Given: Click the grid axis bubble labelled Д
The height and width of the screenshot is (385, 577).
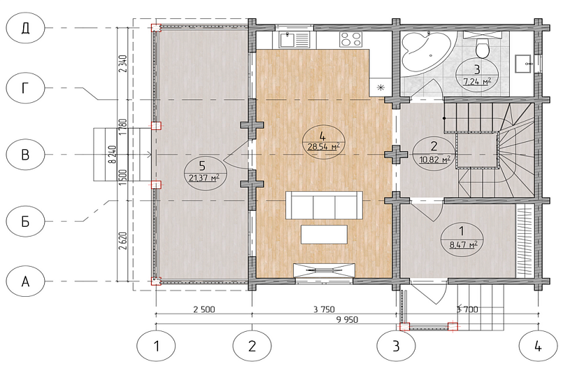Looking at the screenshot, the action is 25,28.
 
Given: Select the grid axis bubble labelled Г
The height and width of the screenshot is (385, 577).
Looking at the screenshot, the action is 25,88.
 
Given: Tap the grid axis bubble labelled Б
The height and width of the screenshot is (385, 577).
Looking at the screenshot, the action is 25,221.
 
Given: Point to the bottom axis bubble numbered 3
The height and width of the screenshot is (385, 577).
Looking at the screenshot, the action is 396,346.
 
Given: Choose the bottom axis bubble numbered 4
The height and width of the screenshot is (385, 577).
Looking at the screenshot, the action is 538,346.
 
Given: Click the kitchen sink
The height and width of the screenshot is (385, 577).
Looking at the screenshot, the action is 294,40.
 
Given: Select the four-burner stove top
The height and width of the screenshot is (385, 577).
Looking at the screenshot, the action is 351,39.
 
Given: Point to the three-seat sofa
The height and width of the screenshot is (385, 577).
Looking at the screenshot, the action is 325,205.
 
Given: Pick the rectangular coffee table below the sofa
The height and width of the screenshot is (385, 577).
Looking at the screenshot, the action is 325,234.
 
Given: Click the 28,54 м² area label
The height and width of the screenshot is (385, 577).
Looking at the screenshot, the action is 323,147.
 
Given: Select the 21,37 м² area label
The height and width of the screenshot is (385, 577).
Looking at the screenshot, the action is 204,178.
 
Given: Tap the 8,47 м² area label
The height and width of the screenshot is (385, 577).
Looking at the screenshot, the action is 464,244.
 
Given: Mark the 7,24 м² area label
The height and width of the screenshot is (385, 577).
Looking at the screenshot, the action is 477,81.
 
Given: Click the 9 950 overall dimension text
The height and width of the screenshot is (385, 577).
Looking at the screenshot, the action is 347,319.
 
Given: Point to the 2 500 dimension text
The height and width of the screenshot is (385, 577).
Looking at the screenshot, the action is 204,309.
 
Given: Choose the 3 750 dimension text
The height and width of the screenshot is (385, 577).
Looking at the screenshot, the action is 325,309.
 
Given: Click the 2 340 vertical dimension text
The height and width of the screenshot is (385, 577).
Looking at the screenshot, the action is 123,64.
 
